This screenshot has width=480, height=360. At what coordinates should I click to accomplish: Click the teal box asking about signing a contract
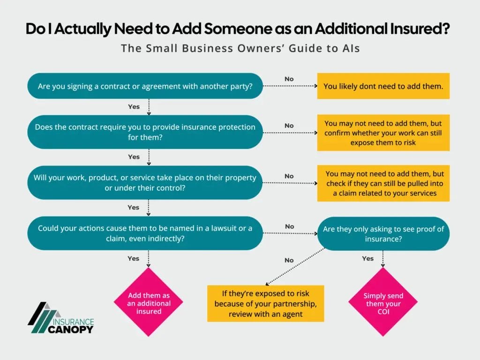pyautogui.click(x=145, y=86)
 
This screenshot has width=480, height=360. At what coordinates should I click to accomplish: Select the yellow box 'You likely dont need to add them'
pyautogui.click(x=383, y=86)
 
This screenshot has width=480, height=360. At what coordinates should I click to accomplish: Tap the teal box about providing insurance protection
pyautogui.click(x=145, y=132)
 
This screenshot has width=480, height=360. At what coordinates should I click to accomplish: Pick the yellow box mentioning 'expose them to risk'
pyautogui.click(x=383, y=133)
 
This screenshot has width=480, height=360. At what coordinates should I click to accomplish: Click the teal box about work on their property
pyautogui.click(x=145, y=182)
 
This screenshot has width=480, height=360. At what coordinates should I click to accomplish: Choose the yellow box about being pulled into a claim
pyautogui.click(x=383, y=183)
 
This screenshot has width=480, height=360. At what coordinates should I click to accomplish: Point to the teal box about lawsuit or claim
pyautogui.click(x=145, y=233)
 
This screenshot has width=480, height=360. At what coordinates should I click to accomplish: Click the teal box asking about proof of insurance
pyautogui.click(x=383, y=233)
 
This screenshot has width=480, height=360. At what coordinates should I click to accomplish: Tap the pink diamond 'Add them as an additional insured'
pyautogui.click(x=149, y=302)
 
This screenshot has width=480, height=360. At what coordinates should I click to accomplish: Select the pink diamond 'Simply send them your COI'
pyautogui.click(x=383, y=302)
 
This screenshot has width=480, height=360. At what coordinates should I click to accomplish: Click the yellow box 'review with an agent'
pyautogui.click(x=265, y=304)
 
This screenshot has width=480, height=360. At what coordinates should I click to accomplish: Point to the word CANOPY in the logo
pyautogui.click(x=71, y=329)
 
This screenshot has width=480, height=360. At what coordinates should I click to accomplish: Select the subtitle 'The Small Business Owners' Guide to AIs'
pyautogui.click(x=240, y=48)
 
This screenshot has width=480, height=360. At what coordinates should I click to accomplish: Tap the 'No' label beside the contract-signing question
pyautogui.click(x=289, y=79)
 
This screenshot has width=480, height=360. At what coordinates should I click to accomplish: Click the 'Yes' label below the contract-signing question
pyautogui.click(x=134, y=106)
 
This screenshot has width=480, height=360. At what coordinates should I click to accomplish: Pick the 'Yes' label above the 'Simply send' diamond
pyautogui.click(x=368, y=258)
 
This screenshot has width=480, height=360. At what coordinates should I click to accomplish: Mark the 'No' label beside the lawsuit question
pyautogui.click(x=289, y=226)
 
